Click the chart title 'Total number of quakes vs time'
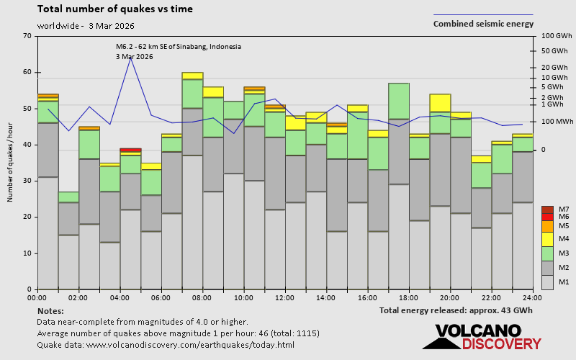(114, 9)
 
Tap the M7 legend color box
(546, 210)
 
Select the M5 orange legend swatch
(546, 226)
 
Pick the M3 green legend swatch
(546, 253)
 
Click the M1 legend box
(546, 281)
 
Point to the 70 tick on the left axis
(27, 36)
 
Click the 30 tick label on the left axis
(27, 181)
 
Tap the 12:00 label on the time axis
(285, 297)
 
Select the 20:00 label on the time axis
(450, 297)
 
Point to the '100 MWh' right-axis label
(554, 121)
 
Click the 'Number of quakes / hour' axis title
(11, 163)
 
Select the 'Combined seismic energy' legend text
(483, 24)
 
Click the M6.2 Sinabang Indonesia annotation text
(178, 47)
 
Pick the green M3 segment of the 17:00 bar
(399, 101)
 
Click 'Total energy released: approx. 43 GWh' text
(456, 310)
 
